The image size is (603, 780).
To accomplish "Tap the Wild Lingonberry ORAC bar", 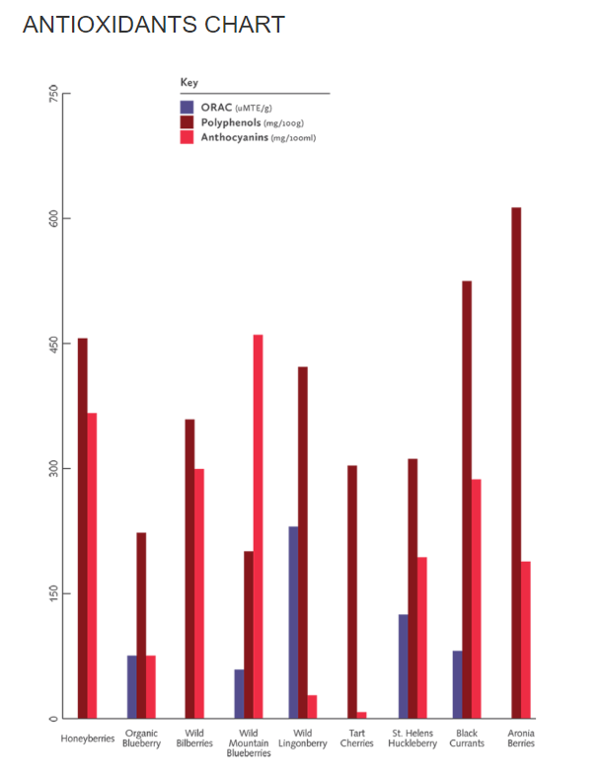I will coord(293,622).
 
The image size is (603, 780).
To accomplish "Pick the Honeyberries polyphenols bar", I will coord(83,527).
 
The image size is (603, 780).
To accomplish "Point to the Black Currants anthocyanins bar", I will coord(477,598).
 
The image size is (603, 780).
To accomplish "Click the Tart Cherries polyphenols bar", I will coord(352,591).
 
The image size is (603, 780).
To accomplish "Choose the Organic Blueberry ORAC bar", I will coord(131,686).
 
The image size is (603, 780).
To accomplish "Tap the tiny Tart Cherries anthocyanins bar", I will coord(362,714).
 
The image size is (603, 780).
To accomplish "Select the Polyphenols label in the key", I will coord(231,121).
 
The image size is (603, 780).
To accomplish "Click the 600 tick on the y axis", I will coord(56,217).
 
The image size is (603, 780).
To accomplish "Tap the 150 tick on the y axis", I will coord(56,592).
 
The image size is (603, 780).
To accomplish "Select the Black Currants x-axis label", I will coord(468,739).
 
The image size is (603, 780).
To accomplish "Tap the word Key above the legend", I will coord(188,82).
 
